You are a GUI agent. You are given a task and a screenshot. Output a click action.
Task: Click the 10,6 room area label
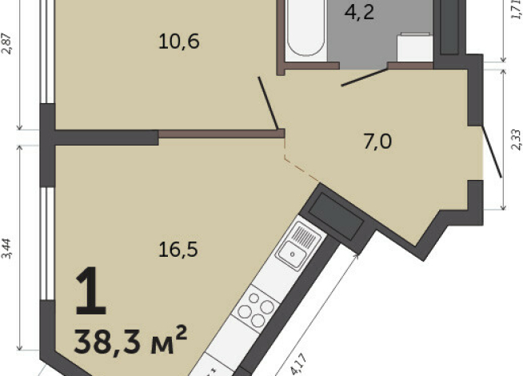click(179, 42)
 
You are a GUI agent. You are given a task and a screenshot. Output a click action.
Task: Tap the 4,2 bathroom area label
click(359, 13)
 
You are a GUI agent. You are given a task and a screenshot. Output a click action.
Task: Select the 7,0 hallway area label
click(377, 142)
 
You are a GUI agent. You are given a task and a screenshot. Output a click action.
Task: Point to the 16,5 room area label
click(178, 250)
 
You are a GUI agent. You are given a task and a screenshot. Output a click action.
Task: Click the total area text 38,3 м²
click(130, 340)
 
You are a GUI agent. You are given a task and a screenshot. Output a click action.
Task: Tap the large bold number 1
click(90, 291)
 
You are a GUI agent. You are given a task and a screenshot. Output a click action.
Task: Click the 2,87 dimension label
click(7, 43)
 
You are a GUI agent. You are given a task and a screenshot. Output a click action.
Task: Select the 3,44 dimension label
click(7, 249)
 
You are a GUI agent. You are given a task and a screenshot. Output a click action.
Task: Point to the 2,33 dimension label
click(516, 139)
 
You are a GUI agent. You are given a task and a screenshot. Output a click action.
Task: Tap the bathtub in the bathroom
click(305, 28)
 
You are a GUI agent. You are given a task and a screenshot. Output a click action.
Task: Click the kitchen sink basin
click(292, 254)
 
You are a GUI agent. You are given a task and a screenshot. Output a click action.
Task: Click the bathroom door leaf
click(365, 78)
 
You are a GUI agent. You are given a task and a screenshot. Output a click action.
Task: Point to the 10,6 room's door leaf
click(268, 102)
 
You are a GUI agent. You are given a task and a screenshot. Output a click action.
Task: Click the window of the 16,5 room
click(47, 243)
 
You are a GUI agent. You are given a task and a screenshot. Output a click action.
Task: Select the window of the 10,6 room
click(47, 52)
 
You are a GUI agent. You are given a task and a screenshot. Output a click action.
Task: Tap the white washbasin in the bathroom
click(415, 46)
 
